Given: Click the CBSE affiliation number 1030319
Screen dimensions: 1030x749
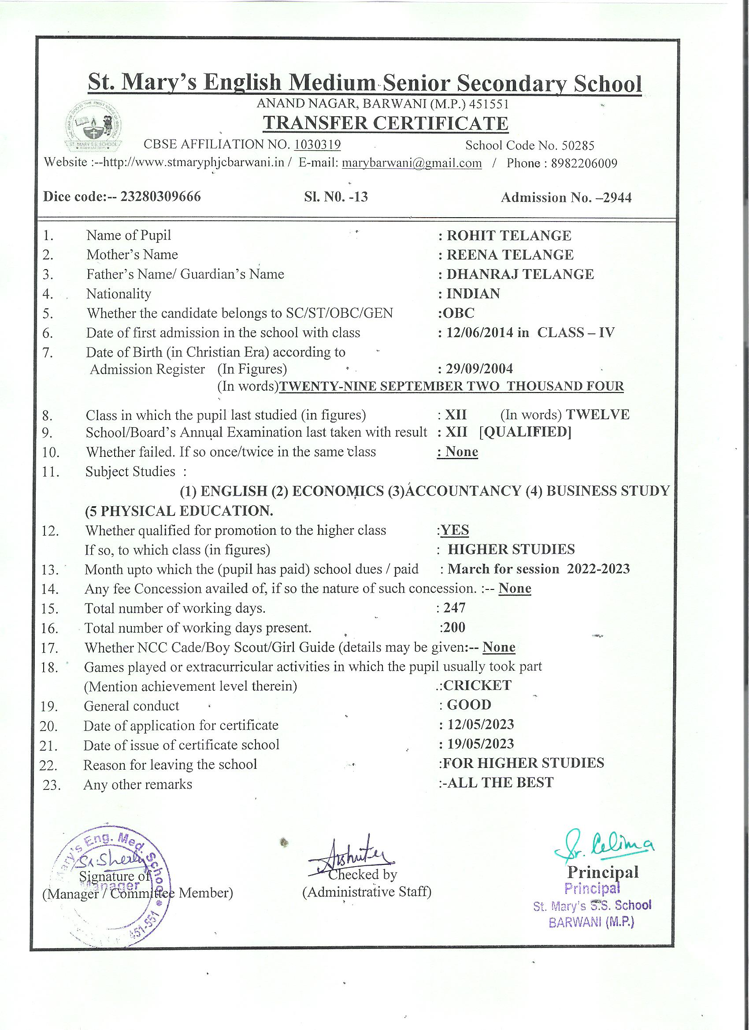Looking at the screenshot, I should [x=318, y=145].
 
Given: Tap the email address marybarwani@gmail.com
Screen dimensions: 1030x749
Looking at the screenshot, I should [x=412, y=163].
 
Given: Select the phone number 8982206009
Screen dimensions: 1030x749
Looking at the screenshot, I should [x=584, y=163].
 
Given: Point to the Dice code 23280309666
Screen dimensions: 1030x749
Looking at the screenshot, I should [x=160, y=196].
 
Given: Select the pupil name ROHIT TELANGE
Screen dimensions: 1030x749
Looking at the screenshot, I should [x=509, y=236].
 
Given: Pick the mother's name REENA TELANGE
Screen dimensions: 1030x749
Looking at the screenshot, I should [x=510, y=255].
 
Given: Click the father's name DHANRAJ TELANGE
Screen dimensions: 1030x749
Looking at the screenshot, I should [x=520, y=274].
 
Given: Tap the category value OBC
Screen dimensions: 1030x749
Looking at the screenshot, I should [x=460, y=313].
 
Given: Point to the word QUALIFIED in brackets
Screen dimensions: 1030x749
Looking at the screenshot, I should [x=526, y=432].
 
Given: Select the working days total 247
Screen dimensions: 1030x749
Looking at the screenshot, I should [x=455, y=608].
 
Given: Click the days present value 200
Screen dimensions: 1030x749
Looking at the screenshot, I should [x=455, y=628].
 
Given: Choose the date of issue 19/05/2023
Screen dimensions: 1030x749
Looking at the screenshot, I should [x=481, y=744].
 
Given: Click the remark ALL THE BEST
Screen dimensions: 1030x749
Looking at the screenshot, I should [x=501, y=782].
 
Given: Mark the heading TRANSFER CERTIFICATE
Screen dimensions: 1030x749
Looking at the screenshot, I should [x=386, y=123].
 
